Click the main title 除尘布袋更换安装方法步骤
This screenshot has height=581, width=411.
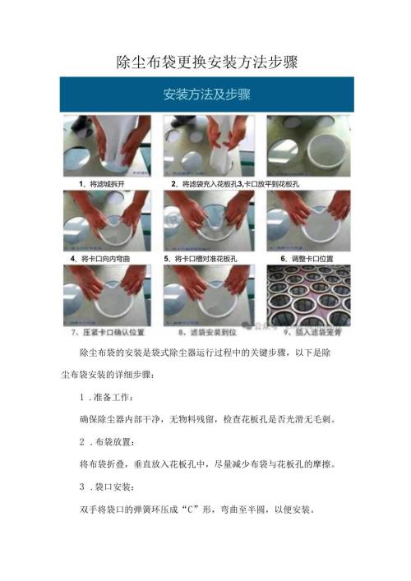click(205, 62)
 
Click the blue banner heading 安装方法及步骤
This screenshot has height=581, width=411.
click(206, 94)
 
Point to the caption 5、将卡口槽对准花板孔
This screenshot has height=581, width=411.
click(201, 258)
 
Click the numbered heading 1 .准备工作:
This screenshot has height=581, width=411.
click(110, 397)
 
